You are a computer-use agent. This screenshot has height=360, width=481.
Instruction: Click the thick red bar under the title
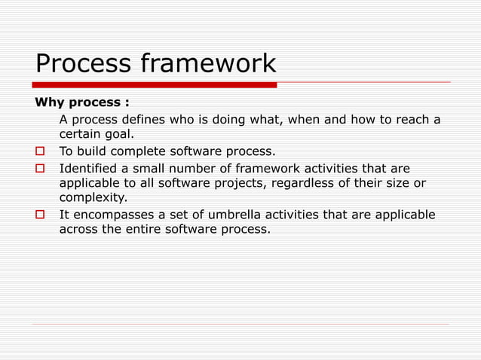coord(155,85)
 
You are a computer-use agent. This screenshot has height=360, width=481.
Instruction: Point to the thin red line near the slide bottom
coord(240,325)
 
